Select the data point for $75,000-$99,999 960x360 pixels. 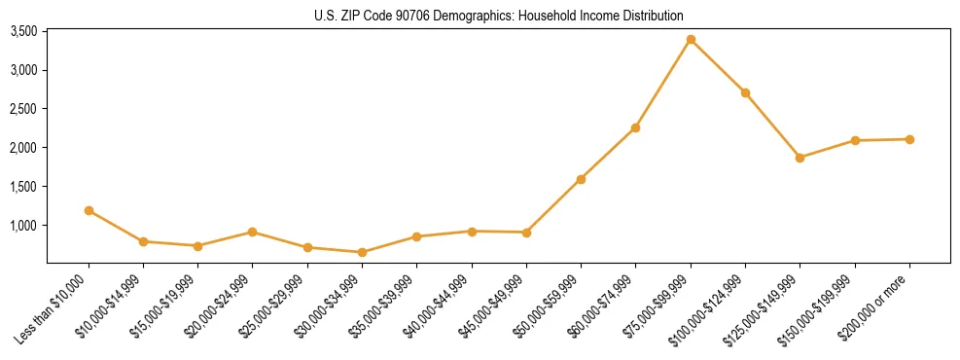691,40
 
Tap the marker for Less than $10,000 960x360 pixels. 89,210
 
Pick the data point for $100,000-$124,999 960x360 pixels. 745,92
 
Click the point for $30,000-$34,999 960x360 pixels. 362,252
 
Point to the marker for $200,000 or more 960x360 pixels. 909,139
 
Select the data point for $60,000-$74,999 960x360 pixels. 635,127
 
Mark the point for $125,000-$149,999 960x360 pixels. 800,158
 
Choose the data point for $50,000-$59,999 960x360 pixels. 581,179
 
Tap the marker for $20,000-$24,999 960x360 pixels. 252,232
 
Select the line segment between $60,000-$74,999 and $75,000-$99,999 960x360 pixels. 663,84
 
